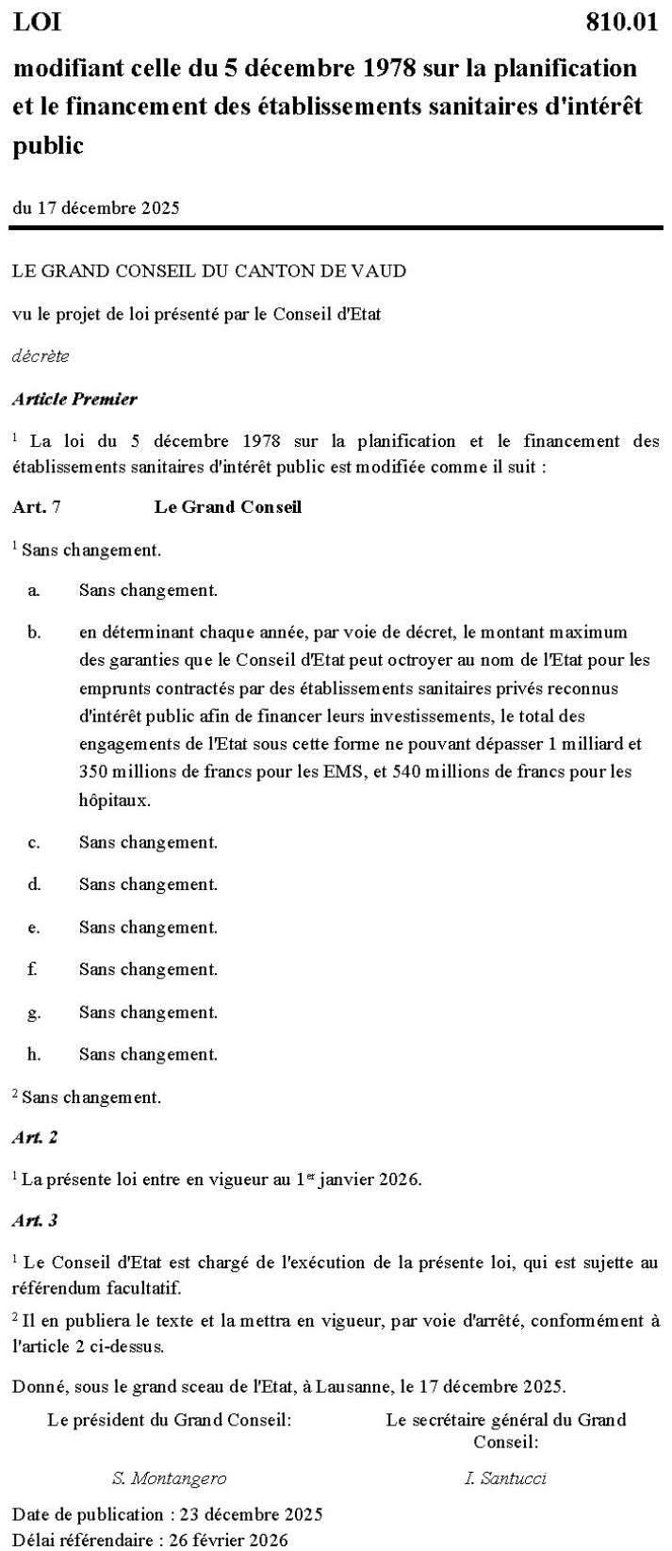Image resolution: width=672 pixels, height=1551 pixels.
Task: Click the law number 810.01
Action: pos(621,23)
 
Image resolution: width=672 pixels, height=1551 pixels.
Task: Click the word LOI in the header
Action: pos(37,23)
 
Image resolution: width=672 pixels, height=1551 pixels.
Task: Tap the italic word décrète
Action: pos(41,356)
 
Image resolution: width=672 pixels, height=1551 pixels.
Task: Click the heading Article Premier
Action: pos(74,399)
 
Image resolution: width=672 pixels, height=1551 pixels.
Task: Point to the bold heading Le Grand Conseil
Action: pos(228,507)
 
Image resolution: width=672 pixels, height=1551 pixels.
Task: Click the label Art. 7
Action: pos(37,507)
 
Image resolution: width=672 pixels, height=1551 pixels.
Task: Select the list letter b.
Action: pos(34,632)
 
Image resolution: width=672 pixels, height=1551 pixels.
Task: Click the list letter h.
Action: pos(34,1054)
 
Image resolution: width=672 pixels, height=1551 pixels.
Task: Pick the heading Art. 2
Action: pos(35,1137)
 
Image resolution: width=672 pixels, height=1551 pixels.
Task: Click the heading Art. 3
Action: pos(35,1220)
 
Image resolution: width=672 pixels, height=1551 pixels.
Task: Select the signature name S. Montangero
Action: pos(169,1477)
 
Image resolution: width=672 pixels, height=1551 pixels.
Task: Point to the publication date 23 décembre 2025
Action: pos(244,1514)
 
